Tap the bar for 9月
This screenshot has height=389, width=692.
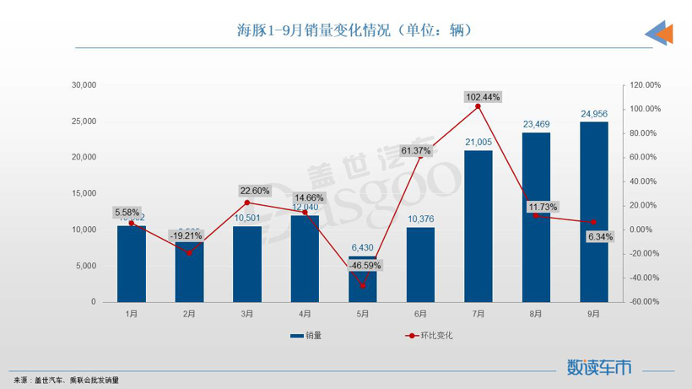coord(593,211)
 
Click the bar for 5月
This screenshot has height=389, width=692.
coord(363,278)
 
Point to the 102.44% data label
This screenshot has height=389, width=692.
coord(483,97)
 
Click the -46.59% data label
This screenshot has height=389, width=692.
coord(364,265)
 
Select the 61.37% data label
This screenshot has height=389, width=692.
coord(416,151)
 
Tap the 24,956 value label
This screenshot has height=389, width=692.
coord(594,113)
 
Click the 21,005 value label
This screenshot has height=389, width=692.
coord(478,142)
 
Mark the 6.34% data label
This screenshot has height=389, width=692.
coord(601,236)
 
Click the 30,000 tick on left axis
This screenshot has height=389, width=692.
coord(84,85)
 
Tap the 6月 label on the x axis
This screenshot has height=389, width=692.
coord(420,314)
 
